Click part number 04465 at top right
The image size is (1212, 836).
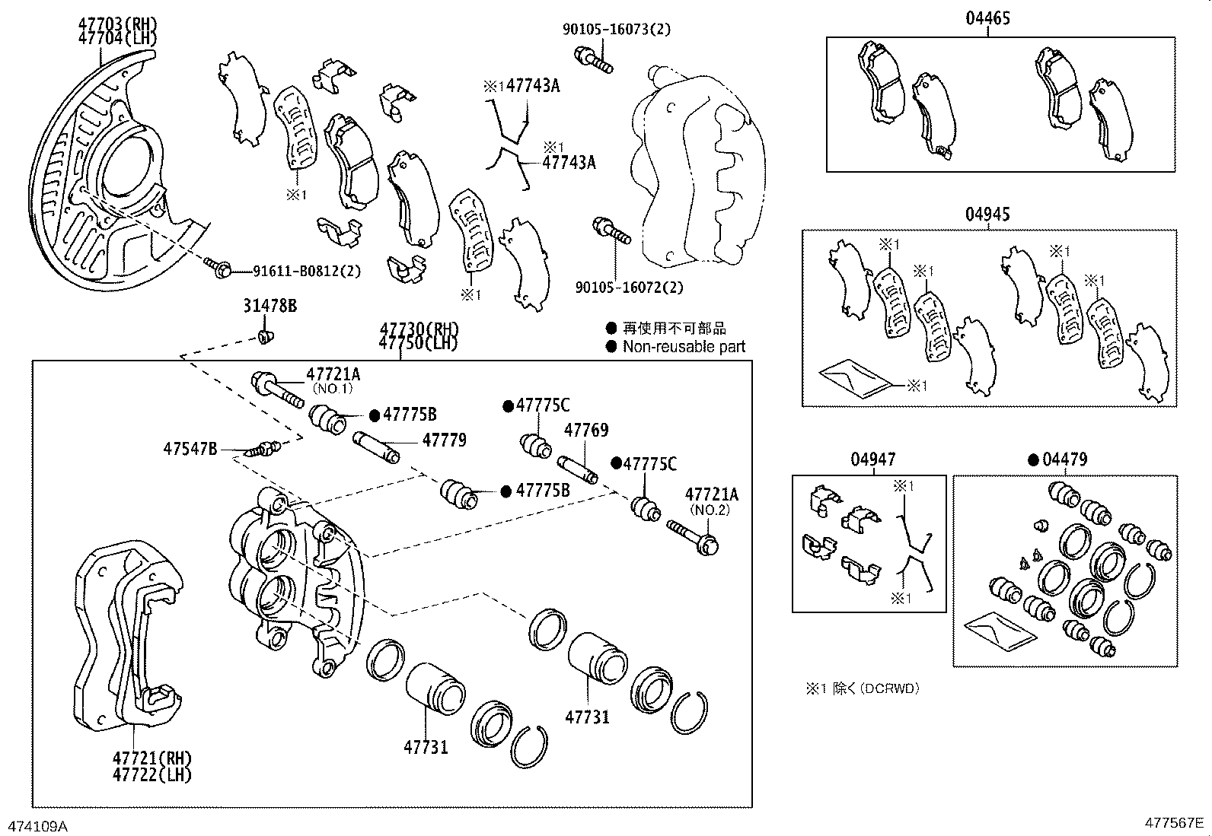987,17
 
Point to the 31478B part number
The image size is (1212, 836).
270,306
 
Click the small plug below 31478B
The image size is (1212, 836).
265,335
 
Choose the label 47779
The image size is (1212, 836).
444,440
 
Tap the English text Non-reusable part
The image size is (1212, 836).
684,347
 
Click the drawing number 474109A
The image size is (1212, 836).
37,825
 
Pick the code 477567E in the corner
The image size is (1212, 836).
1173,823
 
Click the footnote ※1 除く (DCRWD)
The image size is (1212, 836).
863,688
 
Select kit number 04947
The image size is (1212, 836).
873,459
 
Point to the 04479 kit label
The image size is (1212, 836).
1065,459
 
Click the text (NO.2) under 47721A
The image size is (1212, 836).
710,510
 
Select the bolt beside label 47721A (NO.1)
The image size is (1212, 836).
277,387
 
